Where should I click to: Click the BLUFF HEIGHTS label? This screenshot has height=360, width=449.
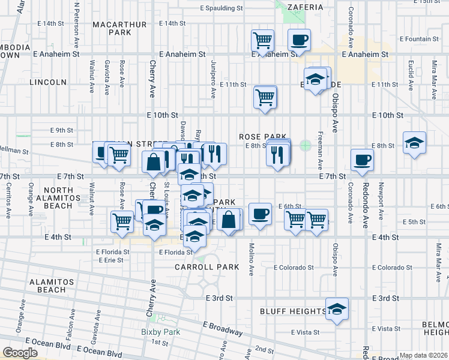(x=293, y=311)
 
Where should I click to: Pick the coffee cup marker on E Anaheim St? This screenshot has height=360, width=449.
(x=299, y=41)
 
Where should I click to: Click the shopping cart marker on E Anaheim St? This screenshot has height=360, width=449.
(x=262, y=41)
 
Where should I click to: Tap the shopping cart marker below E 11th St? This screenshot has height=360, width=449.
(x=265, y=97)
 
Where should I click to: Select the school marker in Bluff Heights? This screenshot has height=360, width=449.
(x=337, y=309)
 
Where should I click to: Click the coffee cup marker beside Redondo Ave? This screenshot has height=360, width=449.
(x=362, y=160)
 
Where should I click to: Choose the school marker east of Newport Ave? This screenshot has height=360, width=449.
(x=414, y=143)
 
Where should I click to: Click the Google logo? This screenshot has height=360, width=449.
(x=20, y=353)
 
